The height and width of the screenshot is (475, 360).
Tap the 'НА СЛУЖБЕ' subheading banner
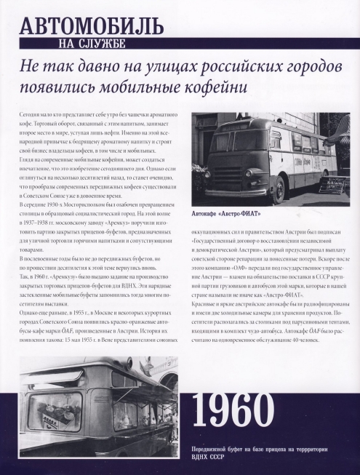95,46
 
